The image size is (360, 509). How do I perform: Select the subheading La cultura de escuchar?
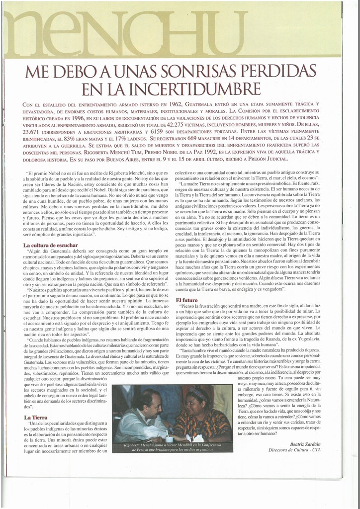click(x=50, y=246)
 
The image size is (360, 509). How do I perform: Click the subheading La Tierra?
click(x=35, y=418)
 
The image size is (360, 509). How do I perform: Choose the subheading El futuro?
click(x=186, y=300)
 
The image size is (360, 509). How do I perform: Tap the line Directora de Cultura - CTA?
click(x=294, y=450)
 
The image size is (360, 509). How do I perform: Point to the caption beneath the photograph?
click(x=172, y=447)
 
